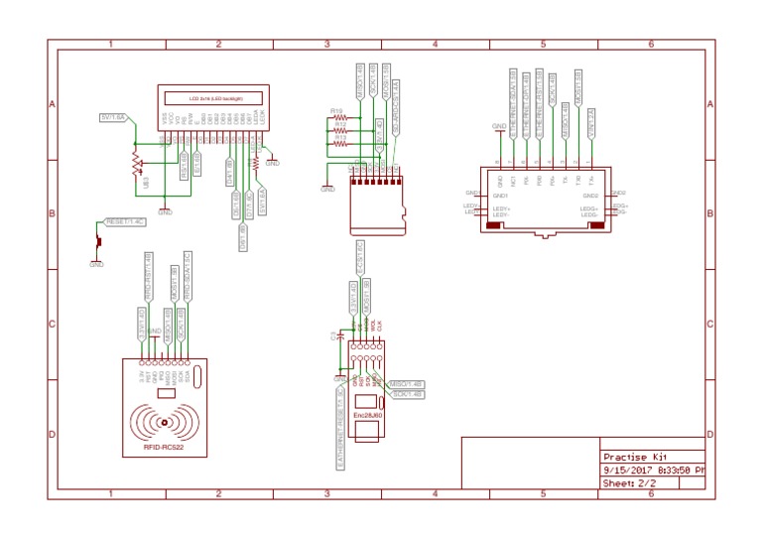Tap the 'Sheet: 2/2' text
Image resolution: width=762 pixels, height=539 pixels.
coord(630,482)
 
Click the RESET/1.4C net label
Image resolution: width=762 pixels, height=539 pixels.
coord(125,221)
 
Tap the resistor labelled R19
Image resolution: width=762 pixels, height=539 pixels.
coord(339,118)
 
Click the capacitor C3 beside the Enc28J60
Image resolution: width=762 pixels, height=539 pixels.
coord(340,337)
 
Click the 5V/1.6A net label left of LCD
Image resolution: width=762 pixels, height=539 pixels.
coord(113,117)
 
